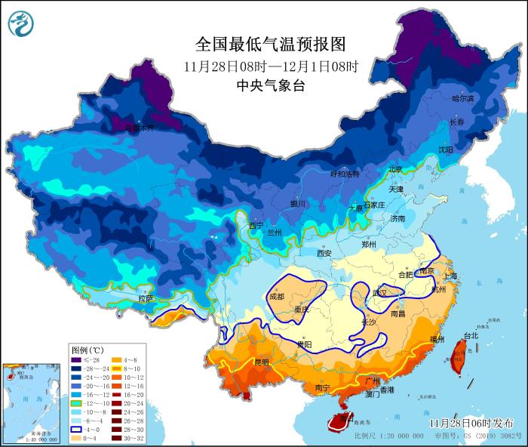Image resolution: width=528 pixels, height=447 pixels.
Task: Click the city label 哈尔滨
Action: click(463, 99)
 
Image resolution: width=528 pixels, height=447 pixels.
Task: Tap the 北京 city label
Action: click(396, 169)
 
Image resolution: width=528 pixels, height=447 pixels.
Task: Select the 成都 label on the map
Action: click(276, 297)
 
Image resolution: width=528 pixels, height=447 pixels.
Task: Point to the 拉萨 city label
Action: click(146, 299)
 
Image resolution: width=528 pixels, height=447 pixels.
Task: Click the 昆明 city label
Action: click(261, 362)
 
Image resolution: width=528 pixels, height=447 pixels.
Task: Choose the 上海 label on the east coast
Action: click(450, 276)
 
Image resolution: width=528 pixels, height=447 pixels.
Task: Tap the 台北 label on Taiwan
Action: click(471, 335)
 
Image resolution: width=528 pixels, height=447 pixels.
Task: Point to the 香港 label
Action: click(387, 390)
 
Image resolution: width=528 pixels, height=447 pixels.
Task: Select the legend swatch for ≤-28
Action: click(77, 362)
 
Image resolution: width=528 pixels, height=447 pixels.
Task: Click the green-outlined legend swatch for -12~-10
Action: click(77, 401)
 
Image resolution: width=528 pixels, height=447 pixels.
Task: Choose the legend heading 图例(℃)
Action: click(87, 351)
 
